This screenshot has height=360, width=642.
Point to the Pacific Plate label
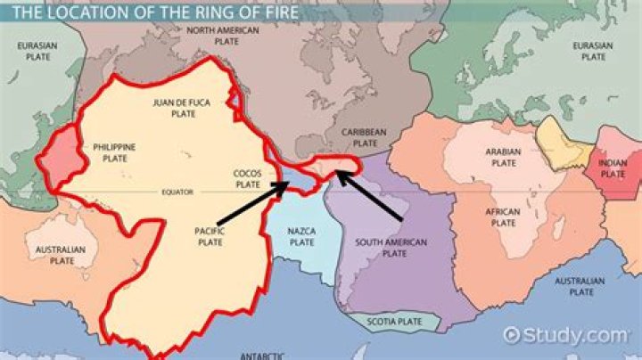[210, 236]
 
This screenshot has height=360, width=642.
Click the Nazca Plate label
[301, 236]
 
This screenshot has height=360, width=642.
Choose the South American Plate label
[391, 247]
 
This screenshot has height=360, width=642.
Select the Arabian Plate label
[504, 158]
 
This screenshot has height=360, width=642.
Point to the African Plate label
[504, 217]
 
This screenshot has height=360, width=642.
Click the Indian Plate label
[613, 168]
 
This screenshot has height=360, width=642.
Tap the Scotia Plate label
[394, 323]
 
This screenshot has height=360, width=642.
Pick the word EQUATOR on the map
[177, 191]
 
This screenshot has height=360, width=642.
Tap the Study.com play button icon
[512, 335]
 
